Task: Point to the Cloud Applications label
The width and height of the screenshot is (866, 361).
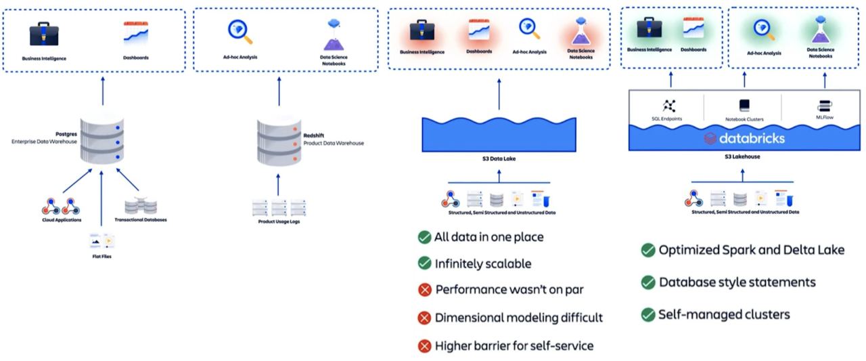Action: [x=62, y=220]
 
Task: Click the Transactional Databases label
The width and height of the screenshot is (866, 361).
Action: [x=140, y=220]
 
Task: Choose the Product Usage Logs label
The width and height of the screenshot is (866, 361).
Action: [x=279, y=221]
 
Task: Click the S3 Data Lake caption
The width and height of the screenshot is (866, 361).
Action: [x=499, y=160]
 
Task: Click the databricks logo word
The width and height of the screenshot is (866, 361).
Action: [x=751, y=138]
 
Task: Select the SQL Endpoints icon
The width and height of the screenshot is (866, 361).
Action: [x=669, y=105]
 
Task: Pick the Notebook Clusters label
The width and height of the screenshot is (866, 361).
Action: [x=744, y=119]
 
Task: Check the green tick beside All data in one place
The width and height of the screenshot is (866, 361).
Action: [x=424, y=237]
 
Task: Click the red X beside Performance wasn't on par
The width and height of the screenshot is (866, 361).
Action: [x=424, y=290]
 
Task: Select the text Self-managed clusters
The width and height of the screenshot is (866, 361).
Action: [x=725, y=314]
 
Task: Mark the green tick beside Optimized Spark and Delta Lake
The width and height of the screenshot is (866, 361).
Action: [x=647, y=250]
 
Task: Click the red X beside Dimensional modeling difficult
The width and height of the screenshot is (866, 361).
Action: [x=424, y=318]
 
